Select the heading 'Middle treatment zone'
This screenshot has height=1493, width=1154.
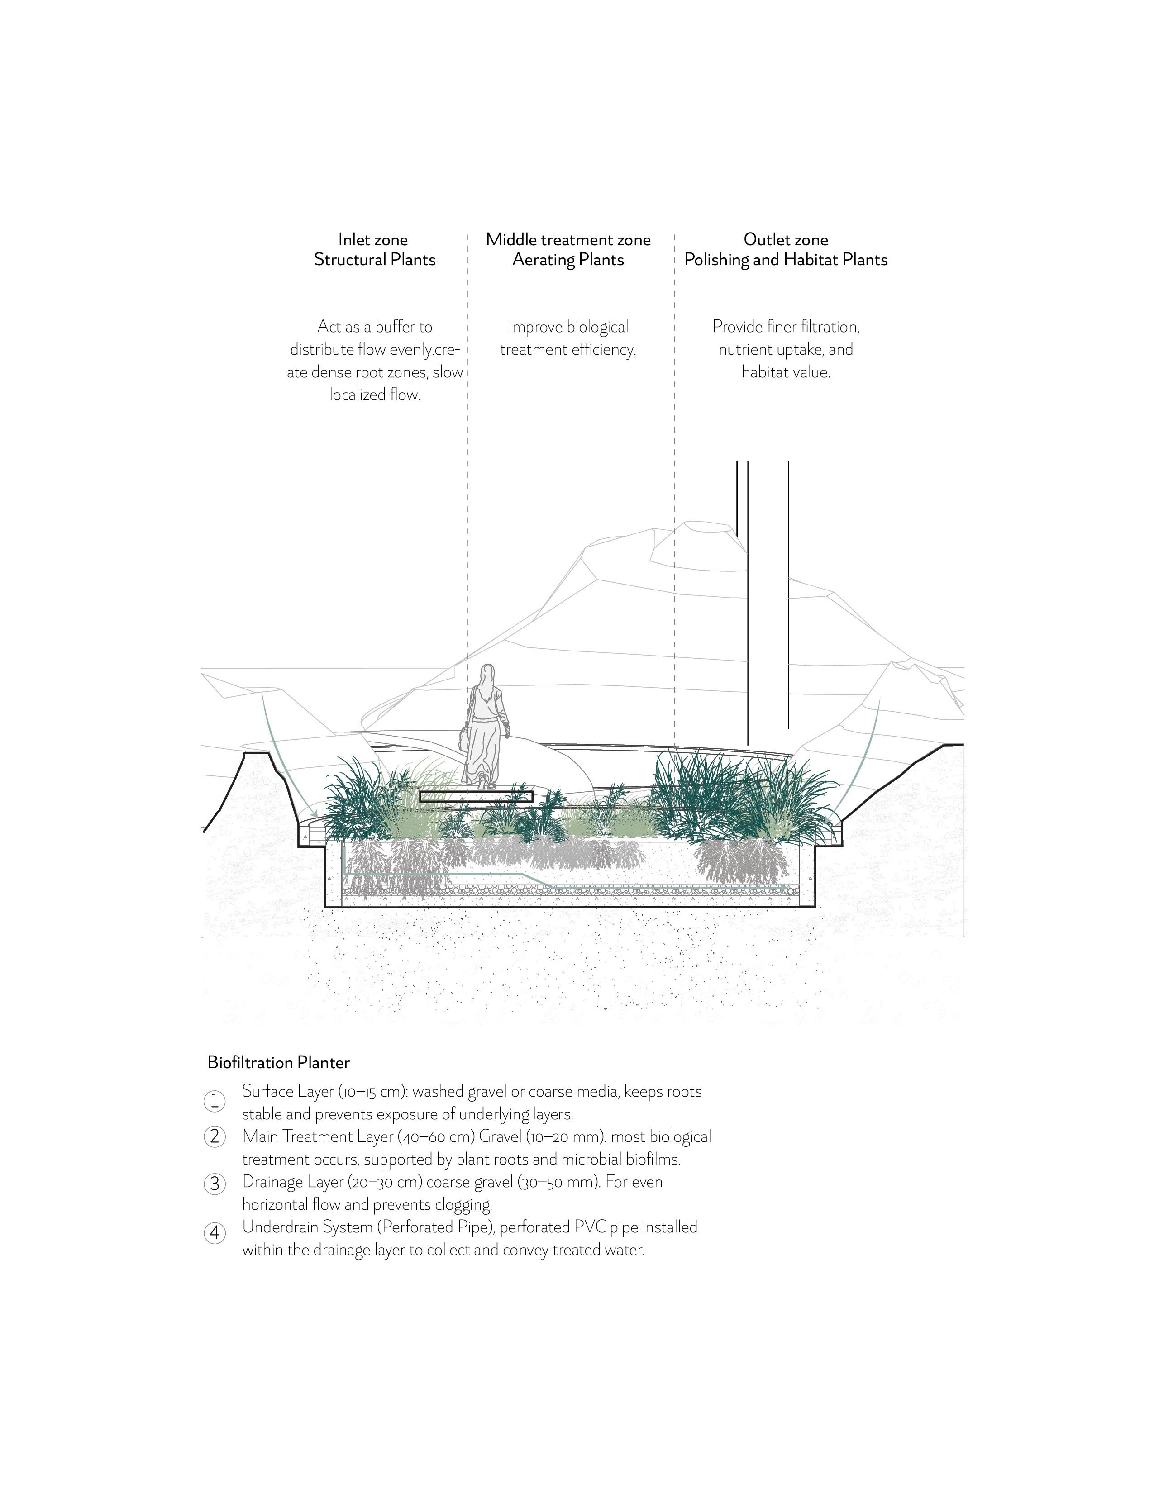[568, 239]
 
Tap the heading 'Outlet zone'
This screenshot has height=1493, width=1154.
[786, 239]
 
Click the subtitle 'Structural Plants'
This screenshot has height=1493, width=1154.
[375, 260]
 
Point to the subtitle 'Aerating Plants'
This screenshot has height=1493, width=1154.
[568, 260]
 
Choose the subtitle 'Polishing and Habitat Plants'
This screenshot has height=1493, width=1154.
[786, 260]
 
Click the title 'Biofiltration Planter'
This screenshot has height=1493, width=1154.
[278, 1062]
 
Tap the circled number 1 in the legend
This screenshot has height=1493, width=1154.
[215, 1101]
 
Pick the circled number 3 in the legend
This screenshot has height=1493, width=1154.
[215, 1184]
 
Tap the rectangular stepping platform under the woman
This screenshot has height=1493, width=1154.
[477, 796]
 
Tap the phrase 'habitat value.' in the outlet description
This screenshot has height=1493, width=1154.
[786, 372]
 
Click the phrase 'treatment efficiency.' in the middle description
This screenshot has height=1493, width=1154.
[568, 350]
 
